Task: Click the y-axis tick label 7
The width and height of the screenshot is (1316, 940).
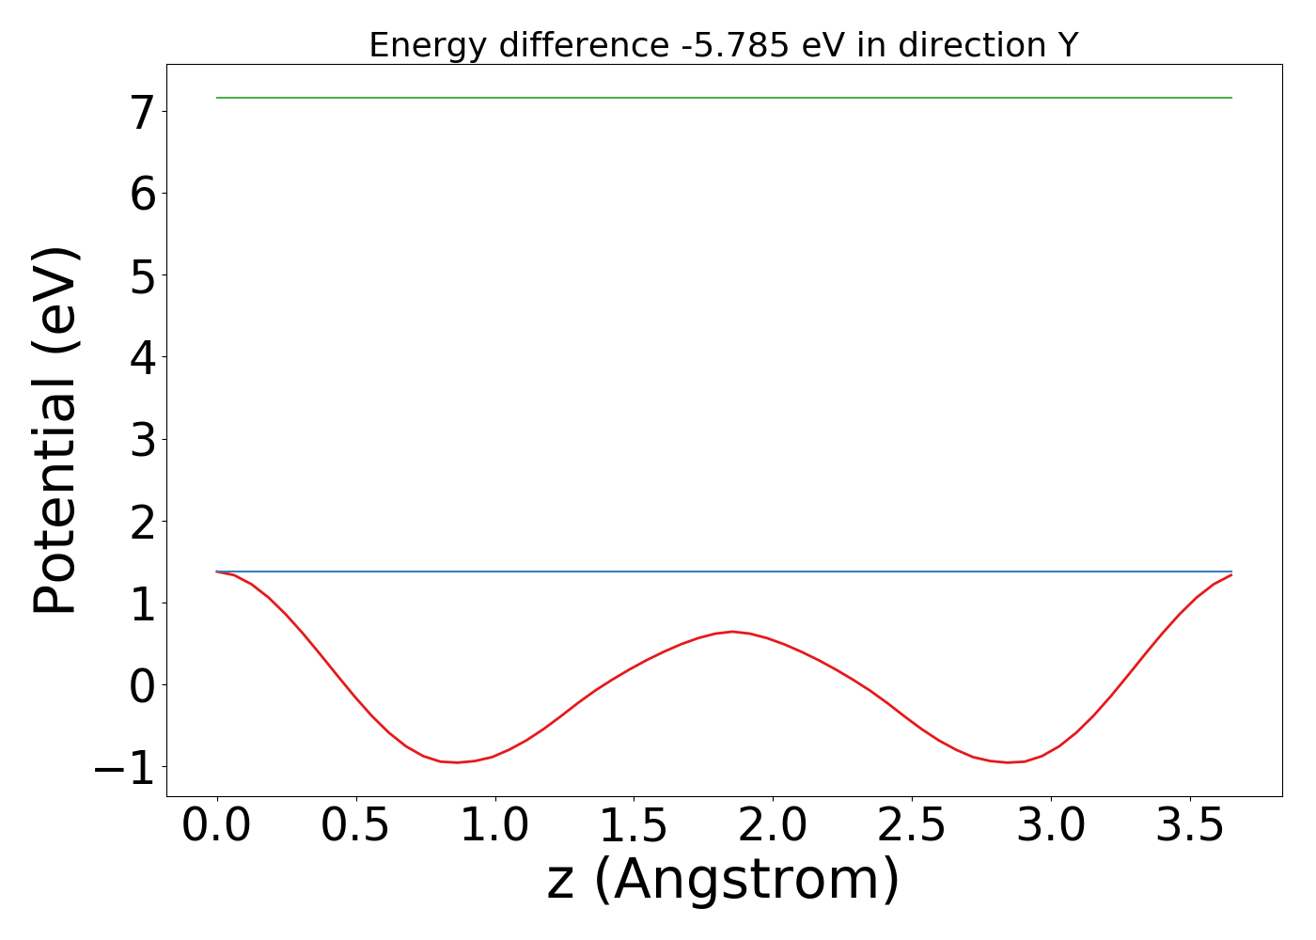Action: pyautogui.click(x=143, y=113)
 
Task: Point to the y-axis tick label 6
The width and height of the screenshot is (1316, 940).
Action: pyautogui.click(x=143, y=195)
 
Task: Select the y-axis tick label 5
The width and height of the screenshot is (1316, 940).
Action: pyautogui.click(x=143, y=276)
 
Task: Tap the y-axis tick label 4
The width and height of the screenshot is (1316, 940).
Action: pyautogui.click(x=143, y=358)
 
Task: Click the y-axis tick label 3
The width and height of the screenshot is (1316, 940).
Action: pyautogui.click(x=143, y=440)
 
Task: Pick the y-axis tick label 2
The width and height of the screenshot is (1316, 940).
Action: pyautogui.click(x=143, y=522)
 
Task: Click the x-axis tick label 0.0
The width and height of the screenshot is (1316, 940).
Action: pyautogui.click(x=217, y=827)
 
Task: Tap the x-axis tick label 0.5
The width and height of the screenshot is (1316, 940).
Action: pyautogui.click(x=356, y=827)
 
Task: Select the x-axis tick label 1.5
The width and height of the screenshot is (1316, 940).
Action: pyautogui.click(x=634, y=827)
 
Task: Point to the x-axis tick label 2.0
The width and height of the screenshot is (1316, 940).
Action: pyautogui.click(x=773, y=827)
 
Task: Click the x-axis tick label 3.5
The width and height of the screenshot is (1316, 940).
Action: pyautogui.click(x=1190, y=827)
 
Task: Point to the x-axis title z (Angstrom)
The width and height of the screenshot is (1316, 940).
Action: pyautogui.click(x=723, y=881)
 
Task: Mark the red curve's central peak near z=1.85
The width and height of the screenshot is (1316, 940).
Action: pyautogui.click(x=733, y=632)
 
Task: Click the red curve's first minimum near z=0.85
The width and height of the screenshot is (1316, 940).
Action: pyautogui.click(x=457, y=762)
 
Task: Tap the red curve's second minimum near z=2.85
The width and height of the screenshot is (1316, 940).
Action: pyautogui.click(x=1009, y=762)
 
